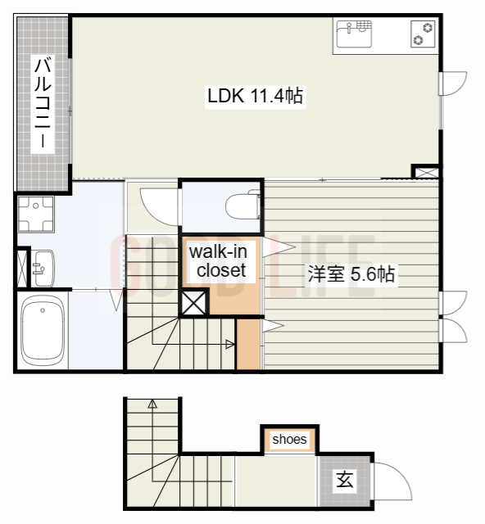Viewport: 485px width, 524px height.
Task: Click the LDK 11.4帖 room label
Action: (255, 96)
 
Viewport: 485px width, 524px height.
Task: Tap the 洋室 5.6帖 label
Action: (351, 274)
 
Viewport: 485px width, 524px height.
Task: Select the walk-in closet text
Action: (217, 260)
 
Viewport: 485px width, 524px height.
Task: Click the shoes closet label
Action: (289, 440)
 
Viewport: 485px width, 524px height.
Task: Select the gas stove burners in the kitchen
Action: (424, 34)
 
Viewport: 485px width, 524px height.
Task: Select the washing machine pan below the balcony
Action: (34, 213)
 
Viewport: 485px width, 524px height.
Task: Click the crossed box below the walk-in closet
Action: (194, 303)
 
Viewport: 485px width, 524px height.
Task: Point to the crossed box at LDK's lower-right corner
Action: (426, 172)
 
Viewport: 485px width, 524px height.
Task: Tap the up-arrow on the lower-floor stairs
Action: (152, 403)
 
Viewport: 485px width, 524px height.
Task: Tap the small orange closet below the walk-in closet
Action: (247, 344)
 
